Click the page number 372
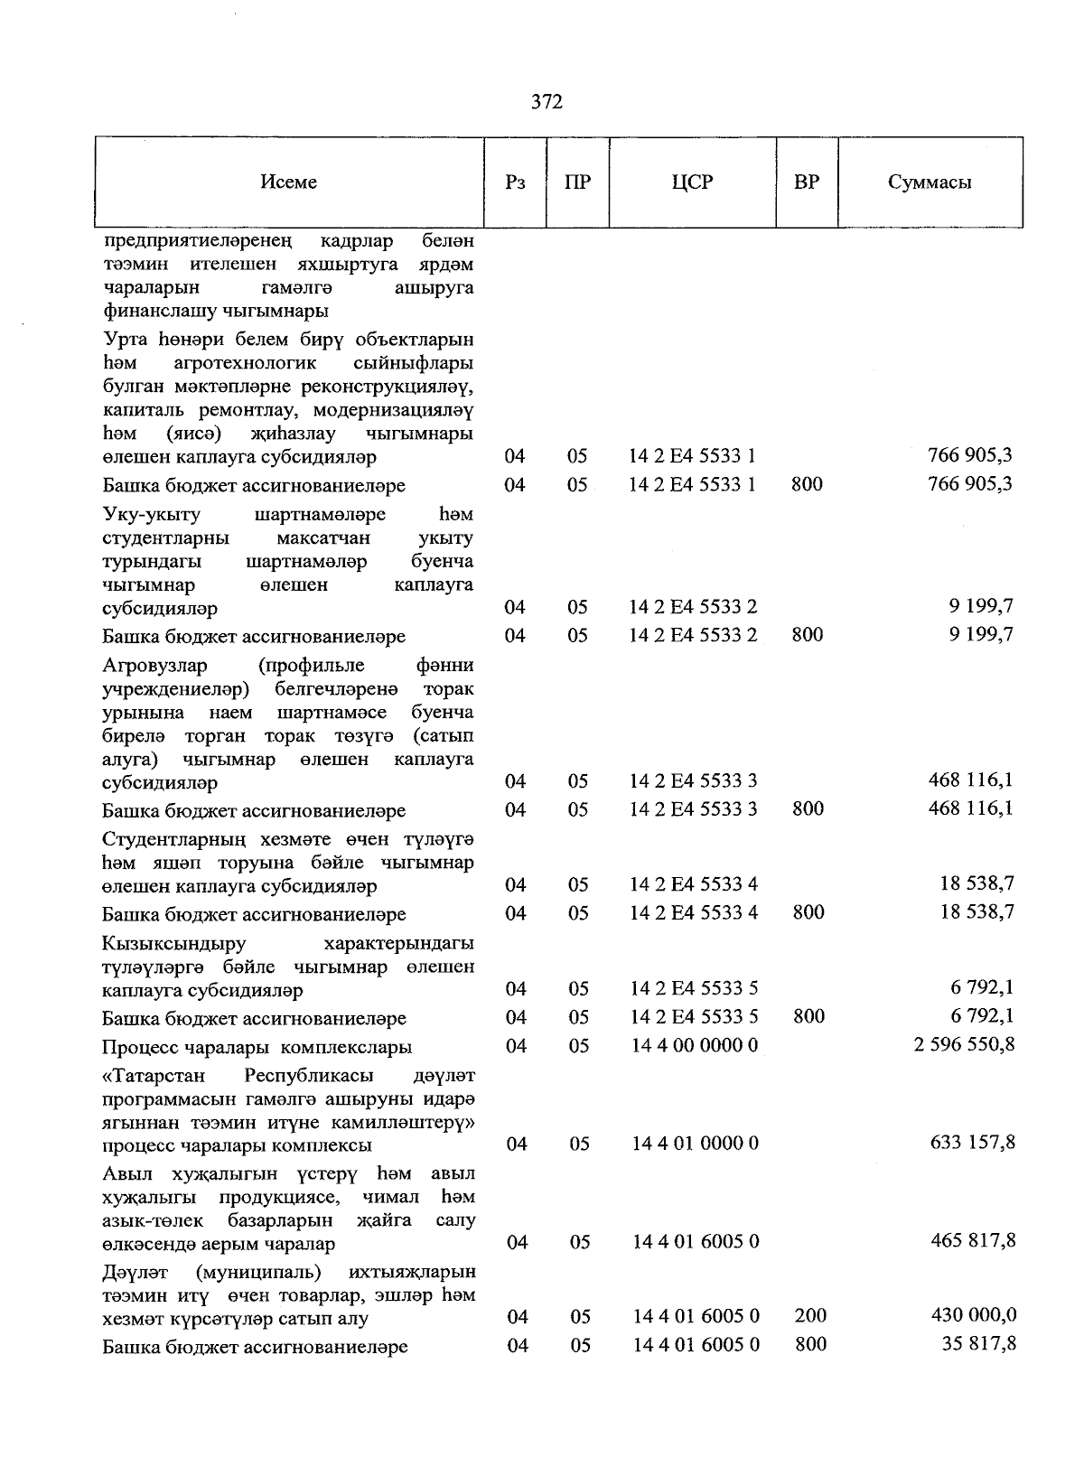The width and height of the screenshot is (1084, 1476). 547,102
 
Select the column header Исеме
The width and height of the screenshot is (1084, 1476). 289,182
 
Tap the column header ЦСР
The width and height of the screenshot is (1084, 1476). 692,182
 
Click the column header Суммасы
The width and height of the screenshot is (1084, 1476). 930,182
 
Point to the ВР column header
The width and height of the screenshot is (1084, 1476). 807,182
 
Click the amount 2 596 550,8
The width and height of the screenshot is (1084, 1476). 965,1045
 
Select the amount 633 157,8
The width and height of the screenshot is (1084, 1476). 972,1143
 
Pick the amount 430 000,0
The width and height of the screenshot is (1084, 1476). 973,1315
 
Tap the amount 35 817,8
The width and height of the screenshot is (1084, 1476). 978,1344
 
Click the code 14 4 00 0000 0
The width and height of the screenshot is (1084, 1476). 695,1046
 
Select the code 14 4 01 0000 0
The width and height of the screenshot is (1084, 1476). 695,1144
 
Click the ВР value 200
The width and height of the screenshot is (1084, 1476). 810,1316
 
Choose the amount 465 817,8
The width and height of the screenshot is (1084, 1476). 973,1241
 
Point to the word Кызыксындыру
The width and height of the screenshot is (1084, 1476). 162,944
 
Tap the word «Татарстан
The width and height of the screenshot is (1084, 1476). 154,1077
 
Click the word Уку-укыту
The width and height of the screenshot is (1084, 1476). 151,515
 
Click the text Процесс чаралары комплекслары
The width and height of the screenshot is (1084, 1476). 257,1048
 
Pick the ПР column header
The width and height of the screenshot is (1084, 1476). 577,182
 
